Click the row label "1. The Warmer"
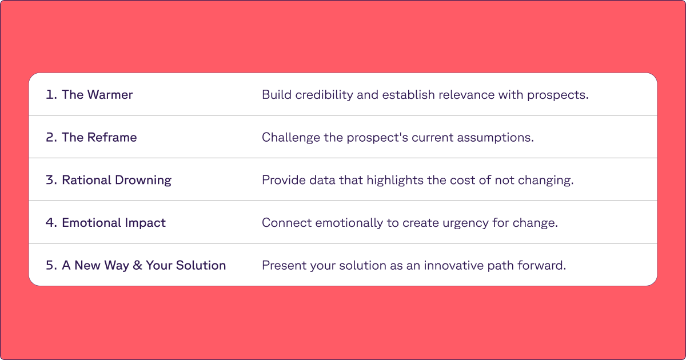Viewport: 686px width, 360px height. pos(89,95)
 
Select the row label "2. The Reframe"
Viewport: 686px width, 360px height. pos(91,138)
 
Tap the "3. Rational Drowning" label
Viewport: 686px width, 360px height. pos(109,180)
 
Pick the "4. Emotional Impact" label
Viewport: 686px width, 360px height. pos(106,223)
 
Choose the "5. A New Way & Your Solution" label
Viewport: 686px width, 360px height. pos(136,266)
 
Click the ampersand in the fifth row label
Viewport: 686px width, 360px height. pos(137,266)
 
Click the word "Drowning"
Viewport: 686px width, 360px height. pos(143,180)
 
